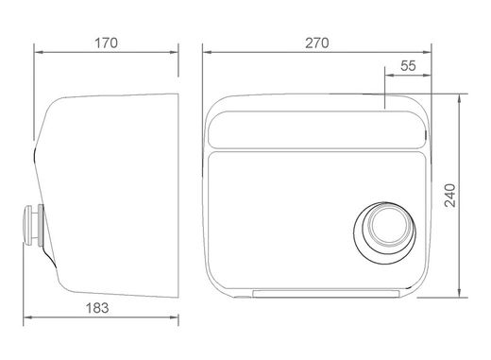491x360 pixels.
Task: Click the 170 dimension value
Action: [106, 43]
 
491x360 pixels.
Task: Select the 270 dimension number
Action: [317, 43]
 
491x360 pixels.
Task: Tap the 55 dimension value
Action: [408, 66]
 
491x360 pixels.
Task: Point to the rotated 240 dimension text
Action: [450, 196]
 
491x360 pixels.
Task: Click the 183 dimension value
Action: [97, 308]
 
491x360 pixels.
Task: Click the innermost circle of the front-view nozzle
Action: [389, 224]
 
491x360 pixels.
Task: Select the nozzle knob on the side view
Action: [27, 225]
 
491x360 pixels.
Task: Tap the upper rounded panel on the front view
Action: [317, 129]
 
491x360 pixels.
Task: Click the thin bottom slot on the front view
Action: [326, 294]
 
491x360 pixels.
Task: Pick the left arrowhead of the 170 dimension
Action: [38, 52]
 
